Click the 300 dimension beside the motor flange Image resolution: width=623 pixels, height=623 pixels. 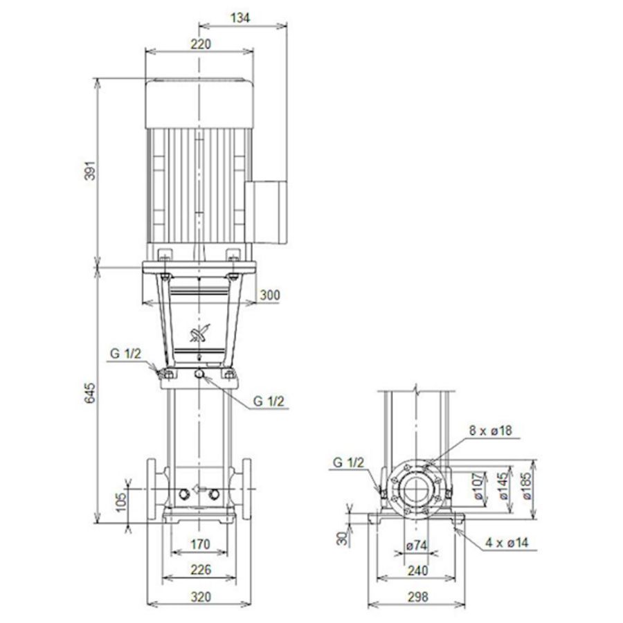pyautogui.click(x=270, y=296)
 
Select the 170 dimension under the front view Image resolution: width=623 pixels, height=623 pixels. pyautogui.click(x=199, y=545)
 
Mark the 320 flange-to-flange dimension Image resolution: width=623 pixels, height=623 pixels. pyautogui.click(x=199, y=596)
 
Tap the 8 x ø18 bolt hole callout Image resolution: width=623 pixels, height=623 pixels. pyautogui.click(x=491, y=431)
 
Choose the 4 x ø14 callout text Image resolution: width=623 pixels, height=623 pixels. pyautogui.click(x=506, y=543)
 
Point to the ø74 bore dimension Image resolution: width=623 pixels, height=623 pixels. pyautogui.click(x=416, y=545)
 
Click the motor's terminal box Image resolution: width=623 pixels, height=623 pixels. pyautogui.click(x=266, y=209)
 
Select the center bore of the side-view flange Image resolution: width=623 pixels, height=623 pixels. pyautogui.click(x=415, y=489)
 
